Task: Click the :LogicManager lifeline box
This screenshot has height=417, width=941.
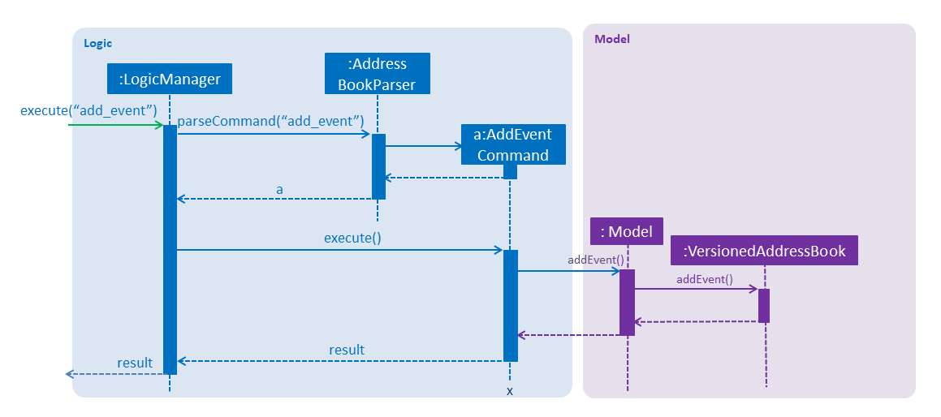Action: click(169, 79)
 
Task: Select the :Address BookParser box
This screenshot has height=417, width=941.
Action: click(377, 74)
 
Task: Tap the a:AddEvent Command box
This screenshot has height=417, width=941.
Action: click(513, 144)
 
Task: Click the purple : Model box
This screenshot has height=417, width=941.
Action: click(627, 231)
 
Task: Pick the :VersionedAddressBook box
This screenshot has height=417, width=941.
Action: click(764, 250)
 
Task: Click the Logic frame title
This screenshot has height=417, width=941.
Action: click(97, 43)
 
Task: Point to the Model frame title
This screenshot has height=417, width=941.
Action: click(611, 39)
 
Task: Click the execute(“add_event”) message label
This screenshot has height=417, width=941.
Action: click(88, 110)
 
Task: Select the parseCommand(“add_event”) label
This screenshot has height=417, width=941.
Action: click(271, 121)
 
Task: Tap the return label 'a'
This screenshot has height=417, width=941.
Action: click(279, 190)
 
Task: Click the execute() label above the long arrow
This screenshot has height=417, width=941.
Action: click(352, 239)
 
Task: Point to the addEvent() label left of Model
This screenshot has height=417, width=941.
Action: click(596, 260)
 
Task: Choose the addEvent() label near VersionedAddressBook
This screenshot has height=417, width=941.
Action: click(705, 279)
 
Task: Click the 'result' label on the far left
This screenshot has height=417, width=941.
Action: click(135, 363)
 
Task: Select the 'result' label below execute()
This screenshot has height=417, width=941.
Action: click(347, 350)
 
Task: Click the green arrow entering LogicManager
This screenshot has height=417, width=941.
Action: click(116, 125)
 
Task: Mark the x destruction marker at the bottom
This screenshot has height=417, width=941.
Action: click(510, 392)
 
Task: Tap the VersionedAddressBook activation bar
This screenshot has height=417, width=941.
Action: click(764, 306)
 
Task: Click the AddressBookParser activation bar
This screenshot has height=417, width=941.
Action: click(378, 166)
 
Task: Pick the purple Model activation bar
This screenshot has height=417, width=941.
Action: click(627, 303)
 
